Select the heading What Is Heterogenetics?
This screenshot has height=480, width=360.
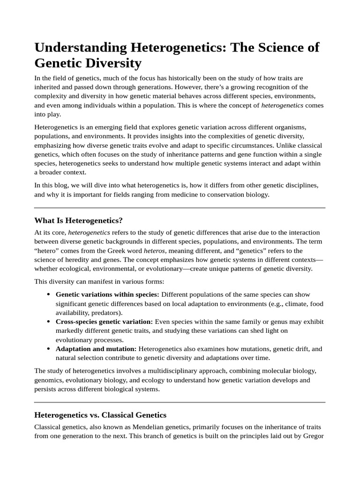coord(78,220)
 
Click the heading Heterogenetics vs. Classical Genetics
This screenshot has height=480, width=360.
coord(100,415)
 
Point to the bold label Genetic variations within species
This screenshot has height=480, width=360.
coord(107,294)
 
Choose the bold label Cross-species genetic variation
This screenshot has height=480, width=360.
coord(104,322)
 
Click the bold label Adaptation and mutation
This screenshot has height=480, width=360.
coord(96,349)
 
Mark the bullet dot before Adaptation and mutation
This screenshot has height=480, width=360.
coord(49,349)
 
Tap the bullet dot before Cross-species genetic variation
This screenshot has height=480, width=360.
coord(49,322)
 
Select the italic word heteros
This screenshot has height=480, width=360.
coord(154,250)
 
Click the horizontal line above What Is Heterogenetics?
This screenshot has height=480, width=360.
coord(180,208)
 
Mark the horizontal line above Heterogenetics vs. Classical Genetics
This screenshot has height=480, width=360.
coord(180,402)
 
